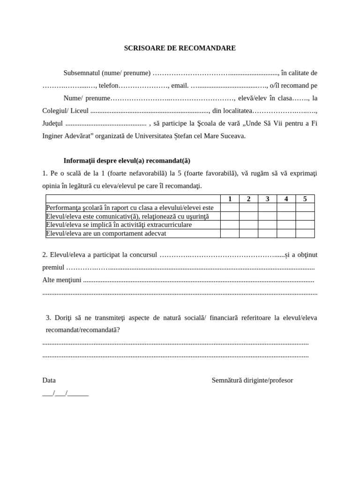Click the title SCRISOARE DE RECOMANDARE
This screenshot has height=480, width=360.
click(180, 48)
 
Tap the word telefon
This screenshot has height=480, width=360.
click(109, 85)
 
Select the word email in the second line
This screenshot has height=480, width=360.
click(180, 85)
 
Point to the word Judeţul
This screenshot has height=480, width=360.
click(53, 123)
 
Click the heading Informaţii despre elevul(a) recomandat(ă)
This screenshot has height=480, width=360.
click(127, 160)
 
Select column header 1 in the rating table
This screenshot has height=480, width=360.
click(230, 199)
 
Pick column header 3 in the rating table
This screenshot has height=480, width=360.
click(267, 199)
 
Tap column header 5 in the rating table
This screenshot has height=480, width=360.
click(305, 199)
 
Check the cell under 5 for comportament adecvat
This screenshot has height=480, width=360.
click(305, 233)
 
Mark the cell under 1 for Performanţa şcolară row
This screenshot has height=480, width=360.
click(230, 208)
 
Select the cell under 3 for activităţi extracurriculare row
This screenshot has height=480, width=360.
click(267, 225)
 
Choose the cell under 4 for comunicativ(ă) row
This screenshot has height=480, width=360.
click(286, 216)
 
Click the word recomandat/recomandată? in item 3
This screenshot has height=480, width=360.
click(82, 330)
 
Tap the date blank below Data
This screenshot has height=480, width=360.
click(65, 393)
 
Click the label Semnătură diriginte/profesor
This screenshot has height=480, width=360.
click(252, 380)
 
